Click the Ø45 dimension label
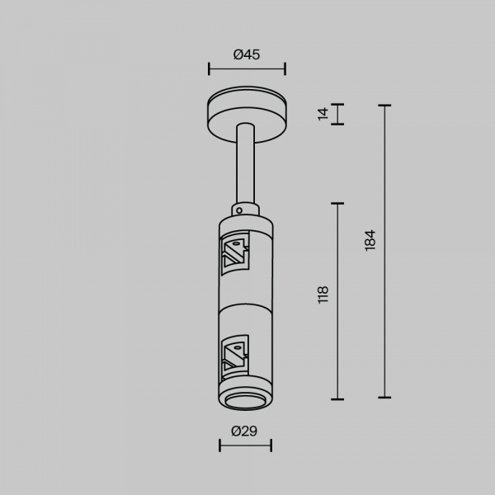pos(247,55)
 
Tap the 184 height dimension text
pos(370,241)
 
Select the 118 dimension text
pos(323,295)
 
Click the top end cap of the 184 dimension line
pos(384,106)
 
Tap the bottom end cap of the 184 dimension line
pos(384,398)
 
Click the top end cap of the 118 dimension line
pos(337,203)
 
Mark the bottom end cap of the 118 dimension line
pos(337,398)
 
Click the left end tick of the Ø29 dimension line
pos(219,445)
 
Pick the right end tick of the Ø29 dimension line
pos(271,445)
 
